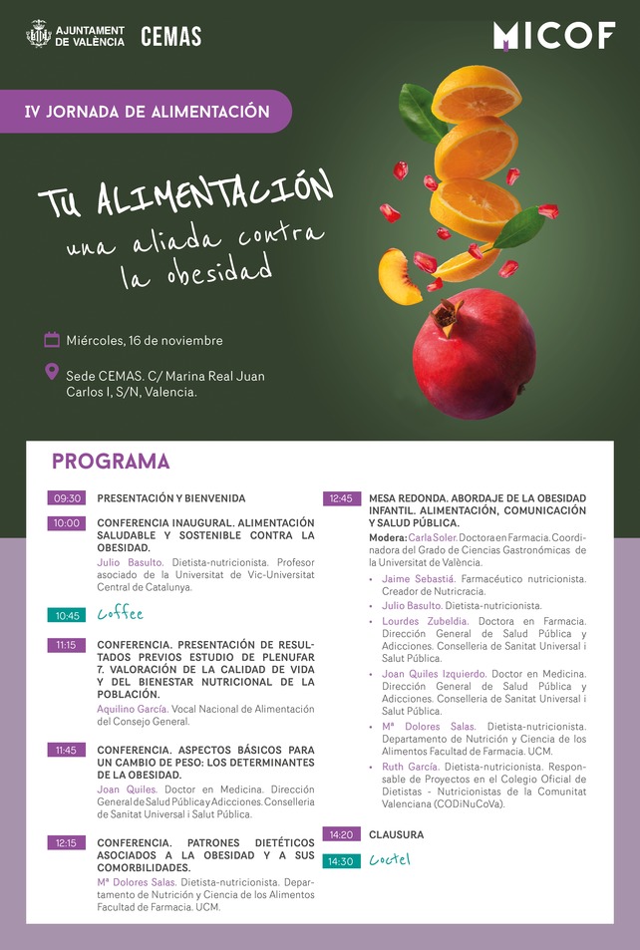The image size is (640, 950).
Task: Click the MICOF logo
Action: point(553,36)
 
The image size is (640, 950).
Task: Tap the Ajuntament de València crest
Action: point(38,36)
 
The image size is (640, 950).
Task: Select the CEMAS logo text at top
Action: point(170,37)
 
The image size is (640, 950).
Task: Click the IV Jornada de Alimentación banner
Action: point(147,111)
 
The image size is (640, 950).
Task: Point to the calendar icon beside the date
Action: point(52,340)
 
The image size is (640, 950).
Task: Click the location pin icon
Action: point(52,372)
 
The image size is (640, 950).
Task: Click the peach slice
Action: point(398,276)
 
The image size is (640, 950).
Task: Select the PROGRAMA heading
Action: point(111,462)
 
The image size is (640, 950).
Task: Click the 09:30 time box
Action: point(67,497)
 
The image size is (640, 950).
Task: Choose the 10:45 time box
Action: point(67,614)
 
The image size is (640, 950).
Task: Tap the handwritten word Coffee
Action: point(120,614)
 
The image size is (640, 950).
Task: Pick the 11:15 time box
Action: point(67,645)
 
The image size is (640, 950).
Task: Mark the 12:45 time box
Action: point(341,497)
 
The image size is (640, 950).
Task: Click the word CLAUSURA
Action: point(396,834)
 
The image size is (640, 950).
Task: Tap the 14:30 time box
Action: point(341,860)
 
